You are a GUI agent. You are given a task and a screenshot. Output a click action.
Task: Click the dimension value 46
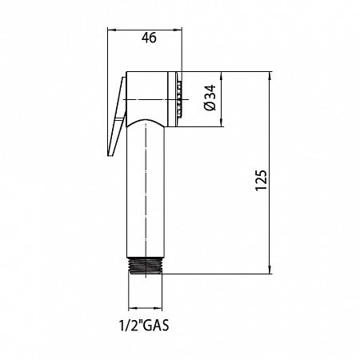[149, 38]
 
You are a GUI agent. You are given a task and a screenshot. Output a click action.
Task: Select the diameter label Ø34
[210, 98]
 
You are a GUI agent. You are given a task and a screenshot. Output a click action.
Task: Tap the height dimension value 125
[261, 180]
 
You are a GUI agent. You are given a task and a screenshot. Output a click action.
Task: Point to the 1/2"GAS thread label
[144, 325]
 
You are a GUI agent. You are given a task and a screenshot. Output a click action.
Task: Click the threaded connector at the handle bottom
[146, 266]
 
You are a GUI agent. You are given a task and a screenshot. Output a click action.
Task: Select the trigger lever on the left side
[117, 117]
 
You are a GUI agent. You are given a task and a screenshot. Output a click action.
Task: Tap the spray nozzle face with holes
[179, 99]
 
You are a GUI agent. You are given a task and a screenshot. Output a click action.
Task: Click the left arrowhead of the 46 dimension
[111, 30]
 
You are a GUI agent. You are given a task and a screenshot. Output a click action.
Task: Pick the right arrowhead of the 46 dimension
[178, 30]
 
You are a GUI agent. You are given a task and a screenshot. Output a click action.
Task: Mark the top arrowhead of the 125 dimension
[270, 76]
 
